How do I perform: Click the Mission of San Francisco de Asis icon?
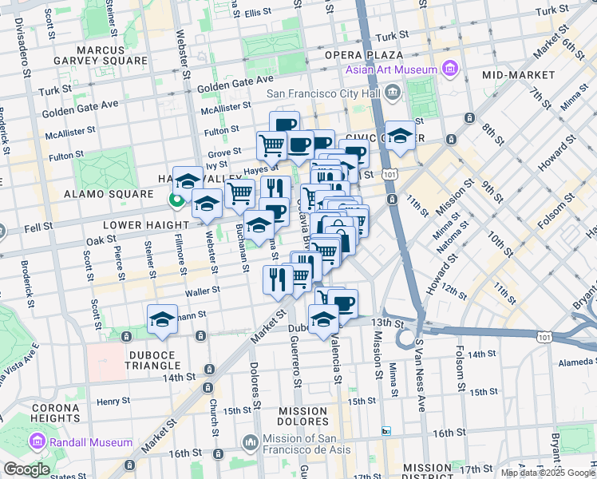point(251,441)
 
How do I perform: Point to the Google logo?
point(26,469)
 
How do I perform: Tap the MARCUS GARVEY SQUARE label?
point(101,53)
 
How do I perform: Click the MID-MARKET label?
point(518,74)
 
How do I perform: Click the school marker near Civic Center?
point(401,134)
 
